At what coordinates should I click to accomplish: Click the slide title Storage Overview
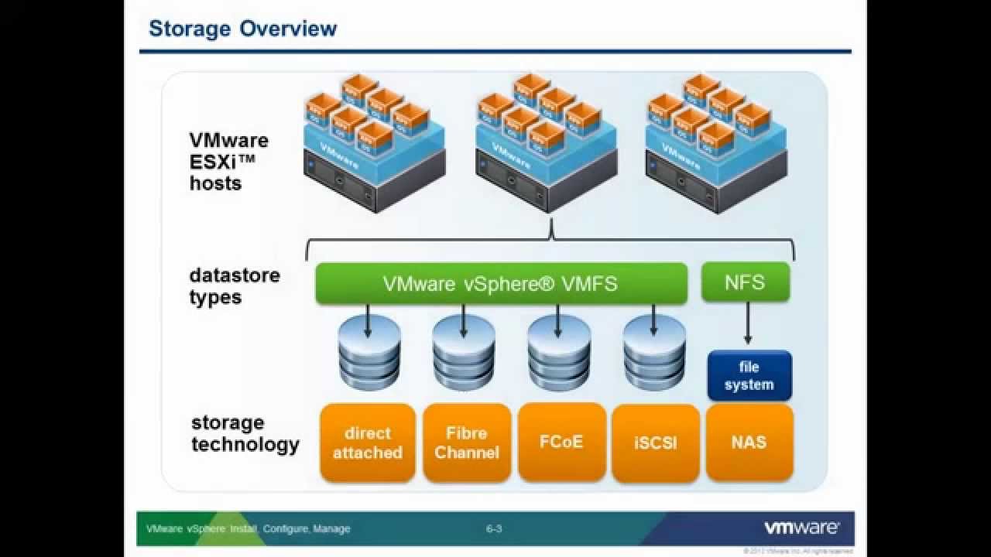242,29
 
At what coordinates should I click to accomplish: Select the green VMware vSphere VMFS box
501,283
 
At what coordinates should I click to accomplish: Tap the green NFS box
745,282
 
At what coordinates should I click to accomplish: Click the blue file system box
749,376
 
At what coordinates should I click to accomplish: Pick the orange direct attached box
368,443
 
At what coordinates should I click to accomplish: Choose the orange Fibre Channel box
467,443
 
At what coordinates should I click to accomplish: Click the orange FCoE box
561,442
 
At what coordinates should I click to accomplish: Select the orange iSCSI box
655,443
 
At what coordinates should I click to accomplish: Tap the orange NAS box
749,442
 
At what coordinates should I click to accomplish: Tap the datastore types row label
234,287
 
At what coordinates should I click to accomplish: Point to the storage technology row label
245,434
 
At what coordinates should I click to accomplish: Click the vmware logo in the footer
801,528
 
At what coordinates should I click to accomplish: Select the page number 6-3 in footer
494,529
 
